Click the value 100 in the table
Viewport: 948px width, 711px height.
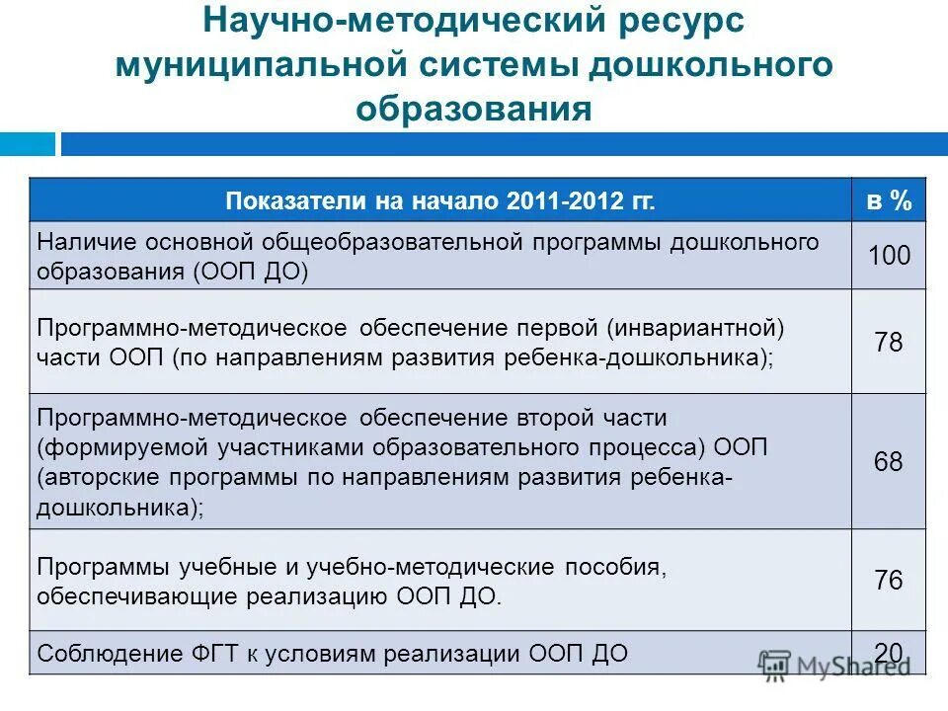[889, 256]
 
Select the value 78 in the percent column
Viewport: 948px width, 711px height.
[889, 343]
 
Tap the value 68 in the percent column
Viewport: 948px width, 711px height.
[889, 461]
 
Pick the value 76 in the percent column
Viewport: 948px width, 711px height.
[889, 580]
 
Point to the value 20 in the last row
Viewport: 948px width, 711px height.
[889, 652]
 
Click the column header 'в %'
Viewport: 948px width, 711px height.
[889, 201]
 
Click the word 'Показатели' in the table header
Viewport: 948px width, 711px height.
[289, 201]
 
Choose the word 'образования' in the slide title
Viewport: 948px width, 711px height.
[474, 108]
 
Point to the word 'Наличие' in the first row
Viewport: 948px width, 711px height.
[86, 241]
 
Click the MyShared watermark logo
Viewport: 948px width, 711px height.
[834, 665]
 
